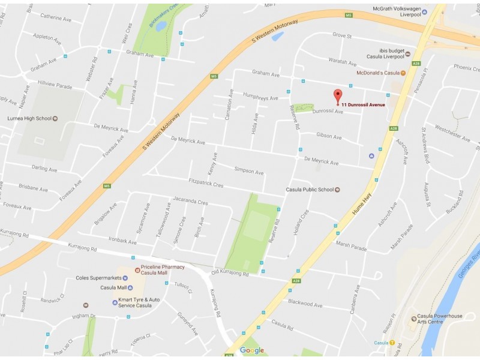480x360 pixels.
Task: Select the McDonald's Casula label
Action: (x=378, y=73)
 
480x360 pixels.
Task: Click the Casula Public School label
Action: (x=309, y=190)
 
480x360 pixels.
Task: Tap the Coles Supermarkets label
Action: (x=98, y=278)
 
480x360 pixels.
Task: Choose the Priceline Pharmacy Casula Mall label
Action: (x=163, y=270)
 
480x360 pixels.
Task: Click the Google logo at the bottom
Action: (x=252, y=350)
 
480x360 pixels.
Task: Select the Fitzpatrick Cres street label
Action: (x=206, y=184)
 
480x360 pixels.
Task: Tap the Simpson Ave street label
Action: (x=249, y=171)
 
